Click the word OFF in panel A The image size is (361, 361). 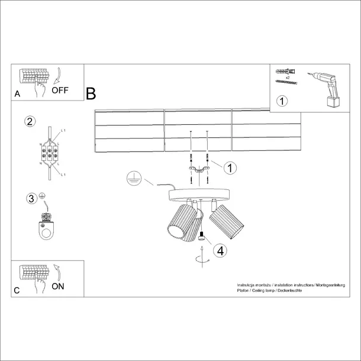point(61,91)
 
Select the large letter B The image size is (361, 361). point(91,94)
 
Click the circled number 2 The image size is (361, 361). point(30,122)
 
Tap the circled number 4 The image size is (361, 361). point(220,250)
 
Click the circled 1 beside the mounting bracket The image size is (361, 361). point(229,168)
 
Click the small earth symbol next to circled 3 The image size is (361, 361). point(42,196)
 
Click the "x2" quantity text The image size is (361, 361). point(286,78)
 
